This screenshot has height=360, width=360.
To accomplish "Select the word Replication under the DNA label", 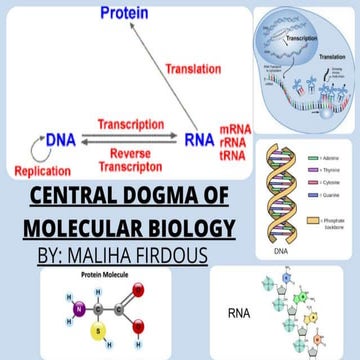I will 41,171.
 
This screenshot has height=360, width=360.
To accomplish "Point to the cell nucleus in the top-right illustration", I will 290,45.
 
